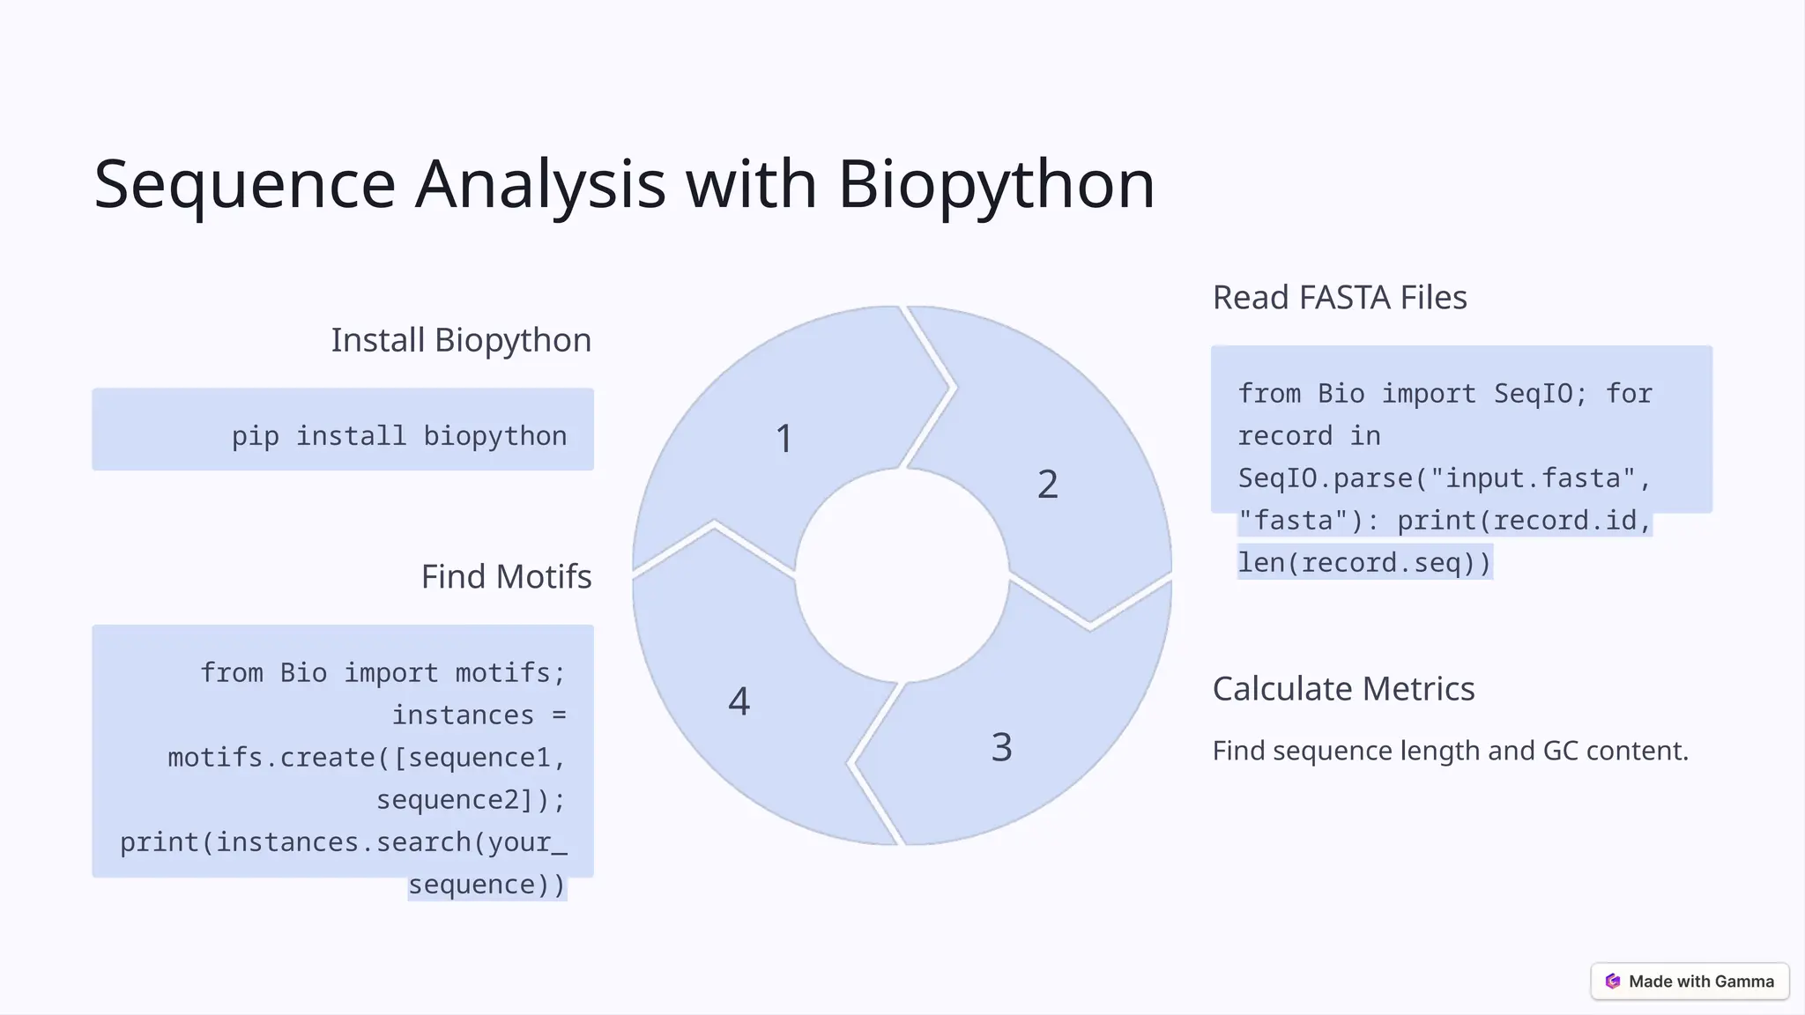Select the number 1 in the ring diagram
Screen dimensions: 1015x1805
click(x=784, y=439)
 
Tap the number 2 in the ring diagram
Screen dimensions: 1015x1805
click(x=1047, y=485)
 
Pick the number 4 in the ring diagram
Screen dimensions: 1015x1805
click(x=739, y=702)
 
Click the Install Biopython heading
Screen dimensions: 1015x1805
click(x=461, y=340)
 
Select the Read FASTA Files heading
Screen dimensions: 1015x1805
click(x=1339, y=298)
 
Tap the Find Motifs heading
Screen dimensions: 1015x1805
click(x=506, y=577)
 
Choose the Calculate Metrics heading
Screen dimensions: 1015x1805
click(x=1342, y=689)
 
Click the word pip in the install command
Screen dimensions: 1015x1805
click(x=255, y=436)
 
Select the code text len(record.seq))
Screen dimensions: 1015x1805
click(x=1363, y=563)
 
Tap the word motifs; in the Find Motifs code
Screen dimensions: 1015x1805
click(x=509, y=673)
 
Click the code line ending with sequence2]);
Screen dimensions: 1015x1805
click(x=471, y=800)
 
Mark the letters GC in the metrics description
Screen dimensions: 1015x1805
click(x=1560, y=752)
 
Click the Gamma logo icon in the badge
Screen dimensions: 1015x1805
click(x=1612, y=982)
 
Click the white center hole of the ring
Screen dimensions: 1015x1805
click(x=902, y=575)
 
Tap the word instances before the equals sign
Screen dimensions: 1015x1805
click(x=463, y=715)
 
